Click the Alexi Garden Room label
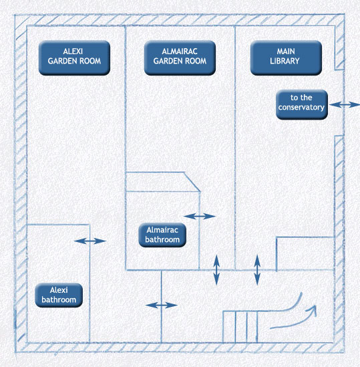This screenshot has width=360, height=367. click(74, 57)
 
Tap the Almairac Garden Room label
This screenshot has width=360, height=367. click(180, 57)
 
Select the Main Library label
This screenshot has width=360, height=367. click(286, 57)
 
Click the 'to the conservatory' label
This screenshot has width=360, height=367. click(302, 104)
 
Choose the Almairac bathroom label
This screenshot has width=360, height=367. click(162, 235)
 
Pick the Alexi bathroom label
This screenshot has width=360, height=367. click(59, 295)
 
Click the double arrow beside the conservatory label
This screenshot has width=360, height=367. click(344, 105)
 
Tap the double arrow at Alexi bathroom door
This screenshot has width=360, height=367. click(90, 241)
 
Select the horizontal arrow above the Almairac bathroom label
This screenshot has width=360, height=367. click(200, 217)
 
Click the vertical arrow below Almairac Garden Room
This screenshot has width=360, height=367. click(216, 270)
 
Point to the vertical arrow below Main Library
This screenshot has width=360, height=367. click(257, 270)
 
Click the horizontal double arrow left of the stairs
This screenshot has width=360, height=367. click(162, 305)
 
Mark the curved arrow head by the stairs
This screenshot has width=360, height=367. click(313, 310)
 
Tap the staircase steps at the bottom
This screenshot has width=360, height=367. click(240, 327)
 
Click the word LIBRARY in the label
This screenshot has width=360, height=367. click(285, 61)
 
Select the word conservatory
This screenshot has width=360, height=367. click(301, 108)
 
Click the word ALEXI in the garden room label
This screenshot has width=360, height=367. click(73, 51)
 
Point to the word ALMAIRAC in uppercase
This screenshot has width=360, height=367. click(180, 51)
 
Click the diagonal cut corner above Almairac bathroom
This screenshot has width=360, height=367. click(192, 182)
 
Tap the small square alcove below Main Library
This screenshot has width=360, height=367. click(305, 253)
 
